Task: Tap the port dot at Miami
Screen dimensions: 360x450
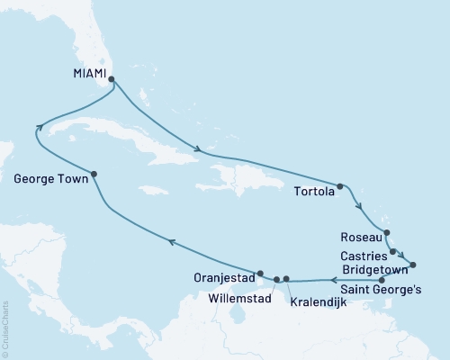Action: [x=112, y=79]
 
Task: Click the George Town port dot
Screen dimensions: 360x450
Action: [x=94, y=174]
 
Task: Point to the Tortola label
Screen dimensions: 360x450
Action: [x=313, y=191]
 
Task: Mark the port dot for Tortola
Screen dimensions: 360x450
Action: [x=339, y=187]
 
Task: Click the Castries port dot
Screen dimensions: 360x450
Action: [x=393, y=251]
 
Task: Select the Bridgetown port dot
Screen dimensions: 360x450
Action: [x=413, y=265]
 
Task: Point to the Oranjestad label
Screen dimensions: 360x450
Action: [x=221, y=276]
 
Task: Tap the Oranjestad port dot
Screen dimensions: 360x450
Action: [x=259, y=273]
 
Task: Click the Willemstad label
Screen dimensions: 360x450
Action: [x=236, y=295]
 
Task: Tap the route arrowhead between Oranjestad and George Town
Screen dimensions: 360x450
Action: [x=170, y=239]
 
